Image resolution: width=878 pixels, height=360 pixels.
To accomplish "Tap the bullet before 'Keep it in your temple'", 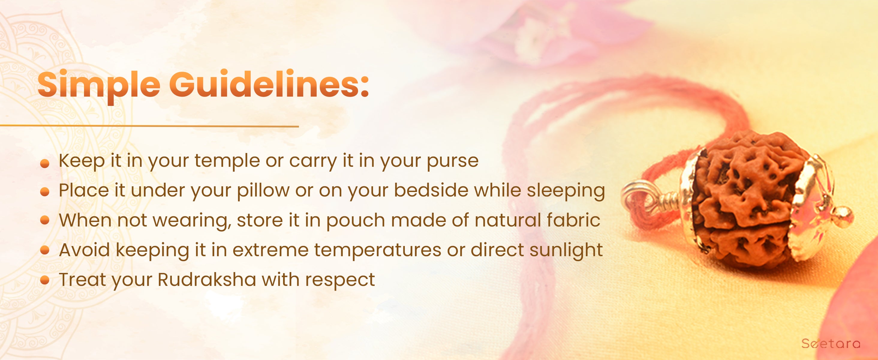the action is (45, 164).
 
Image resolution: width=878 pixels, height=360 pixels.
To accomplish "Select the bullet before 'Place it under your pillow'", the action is (45, 193).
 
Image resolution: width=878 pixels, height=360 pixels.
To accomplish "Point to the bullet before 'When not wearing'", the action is (45, 220).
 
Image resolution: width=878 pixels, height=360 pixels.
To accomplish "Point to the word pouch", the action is (356, 221).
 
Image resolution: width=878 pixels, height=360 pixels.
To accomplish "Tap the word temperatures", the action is (377, 251).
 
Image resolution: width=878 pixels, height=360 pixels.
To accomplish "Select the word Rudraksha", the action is (207, 280).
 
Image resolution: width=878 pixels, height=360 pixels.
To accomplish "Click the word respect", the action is (340, 281).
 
